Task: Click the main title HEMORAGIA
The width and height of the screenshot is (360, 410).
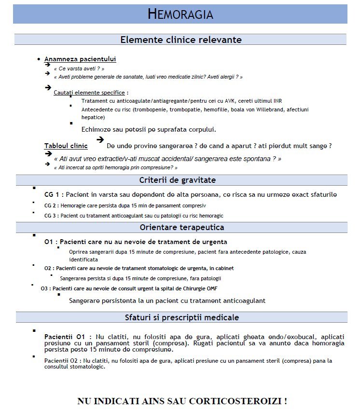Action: coord(180,14)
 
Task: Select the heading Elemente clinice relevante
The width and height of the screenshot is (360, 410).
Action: coord(180,40)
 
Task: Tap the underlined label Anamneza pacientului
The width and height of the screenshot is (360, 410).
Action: coord(80,59)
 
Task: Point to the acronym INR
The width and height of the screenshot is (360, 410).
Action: coord(277,101)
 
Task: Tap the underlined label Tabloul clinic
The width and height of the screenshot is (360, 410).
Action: coord(66,146)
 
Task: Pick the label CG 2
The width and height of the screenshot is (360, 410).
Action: coord(50,205)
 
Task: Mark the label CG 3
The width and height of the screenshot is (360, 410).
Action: coord(50,216)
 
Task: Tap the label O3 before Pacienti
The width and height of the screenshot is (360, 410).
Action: coord(45,288)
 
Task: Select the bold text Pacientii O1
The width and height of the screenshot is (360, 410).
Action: coord(65,336)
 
